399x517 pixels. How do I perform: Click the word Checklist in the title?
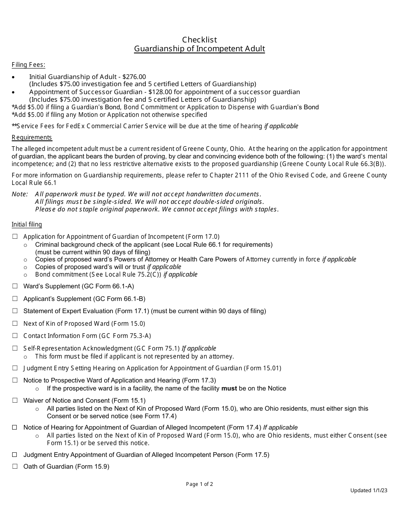199,40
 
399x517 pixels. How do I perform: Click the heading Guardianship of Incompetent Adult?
199,49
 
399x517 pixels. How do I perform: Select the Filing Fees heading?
29,65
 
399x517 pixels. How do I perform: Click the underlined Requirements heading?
32,137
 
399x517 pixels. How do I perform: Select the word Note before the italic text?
19,194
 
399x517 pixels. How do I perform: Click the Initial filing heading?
27,224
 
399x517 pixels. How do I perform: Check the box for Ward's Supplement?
15,286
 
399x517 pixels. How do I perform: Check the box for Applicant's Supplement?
15,298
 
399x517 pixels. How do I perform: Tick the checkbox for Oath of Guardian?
15,466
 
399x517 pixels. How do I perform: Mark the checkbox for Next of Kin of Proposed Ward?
15,323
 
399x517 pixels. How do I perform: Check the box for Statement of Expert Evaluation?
15,311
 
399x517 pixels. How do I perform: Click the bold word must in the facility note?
229,388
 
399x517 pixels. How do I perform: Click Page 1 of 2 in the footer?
199,484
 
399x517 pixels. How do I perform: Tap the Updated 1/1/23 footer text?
369,491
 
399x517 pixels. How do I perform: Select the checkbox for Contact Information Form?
15,335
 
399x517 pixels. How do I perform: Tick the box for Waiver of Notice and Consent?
15,401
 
